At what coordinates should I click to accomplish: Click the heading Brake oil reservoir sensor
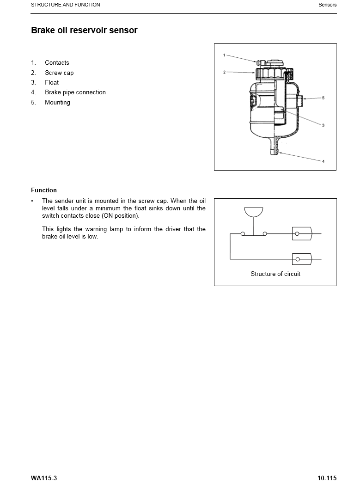point(84,31)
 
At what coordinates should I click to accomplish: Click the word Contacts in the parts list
point(57,63)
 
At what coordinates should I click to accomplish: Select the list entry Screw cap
point(59,73)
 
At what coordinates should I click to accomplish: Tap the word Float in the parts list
point(52,83)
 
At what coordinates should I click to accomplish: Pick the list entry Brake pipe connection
point(75,92)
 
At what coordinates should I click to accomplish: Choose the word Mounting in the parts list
point(57,103)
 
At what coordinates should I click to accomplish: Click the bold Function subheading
point(44,190)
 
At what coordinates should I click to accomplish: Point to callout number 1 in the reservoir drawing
point(224,55)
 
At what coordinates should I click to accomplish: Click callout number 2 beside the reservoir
point(224,72)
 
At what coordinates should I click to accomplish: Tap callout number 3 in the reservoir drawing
point(323,125)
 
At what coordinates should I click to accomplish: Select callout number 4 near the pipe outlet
point(323,161)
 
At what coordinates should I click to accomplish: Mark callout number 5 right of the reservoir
point(323,98)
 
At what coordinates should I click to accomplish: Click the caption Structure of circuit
point(275,274)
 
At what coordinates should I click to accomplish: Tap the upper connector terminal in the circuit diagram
point(302,234)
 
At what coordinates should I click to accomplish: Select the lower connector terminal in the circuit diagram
point(302,259)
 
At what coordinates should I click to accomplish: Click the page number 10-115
point(327,478)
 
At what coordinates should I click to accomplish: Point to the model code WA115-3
point(44,478)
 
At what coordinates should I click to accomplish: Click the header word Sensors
point(328,5)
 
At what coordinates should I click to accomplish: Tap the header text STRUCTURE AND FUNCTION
point(65,5)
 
